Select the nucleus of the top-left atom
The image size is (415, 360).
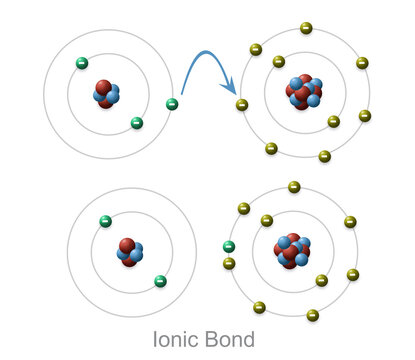pyautogui.click(x=105, y=93)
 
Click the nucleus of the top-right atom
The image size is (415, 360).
pyautogui.click(x=304, y=91)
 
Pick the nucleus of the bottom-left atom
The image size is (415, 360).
pyautogui.click(x=128, y=250)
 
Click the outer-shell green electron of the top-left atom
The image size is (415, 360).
pyautogui.click(x=172, y=104)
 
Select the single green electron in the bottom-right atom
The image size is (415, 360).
pyautogui.click(x=229, y=247)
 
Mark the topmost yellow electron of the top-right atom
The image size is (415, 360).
pyautogui.click(x=306, y=28)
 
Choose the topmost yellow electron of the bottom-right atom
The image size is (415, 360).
pyautogui.click(x=294, y=187)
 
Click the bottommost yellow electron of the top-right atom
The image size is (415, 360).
pyautogui.click(x=324, y=156)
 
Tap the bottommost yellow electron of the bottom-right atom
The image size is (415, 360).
pyautogui.click(x=312, y=315)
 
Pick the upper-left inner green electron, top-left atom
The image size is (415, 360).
pyautogui.click(x=82, y=63)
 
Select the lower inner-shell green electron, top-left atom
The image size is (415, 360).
pyautogui.click(x=137, y=123)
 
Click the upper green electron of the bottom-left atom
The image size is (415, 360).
pyautogui.click(x=105, y=220)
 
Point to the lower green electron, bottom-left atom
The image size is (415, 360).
pyautogui.click(x=160, y=281)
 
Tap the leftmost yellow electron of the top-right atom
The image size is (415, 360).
pyautogui.click(x=241, y=104)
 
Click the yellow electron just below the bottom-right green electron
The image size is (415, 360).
pyautogui.click(x=229, y=263)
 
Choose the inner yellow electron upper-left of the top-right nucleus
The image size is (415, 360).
pyautogui.click(x=278, y=62)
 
